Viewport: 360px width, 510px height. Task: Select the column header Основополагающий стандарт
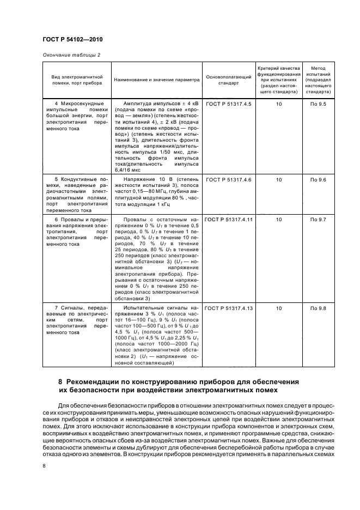pyautogui.click(x=229, y=80)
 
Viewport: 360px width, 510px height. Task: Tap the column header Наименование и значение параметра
pyautogui.click(x=157, y=80)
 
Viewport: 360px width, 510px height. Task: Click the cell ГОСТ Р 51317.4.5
pyautogui.click(x=229, y=104)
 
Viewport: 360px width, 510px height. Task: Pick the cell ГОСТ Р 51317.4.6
pyautogui.click(x=229, y=179)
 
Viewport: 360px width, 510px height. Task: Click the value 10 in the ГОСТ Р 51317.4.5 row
pyautogui.click(x=279, y=104)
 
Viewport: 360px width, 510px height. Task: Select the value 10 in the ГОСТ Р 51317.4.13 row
pyautogui.click(x=279, y=308)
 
